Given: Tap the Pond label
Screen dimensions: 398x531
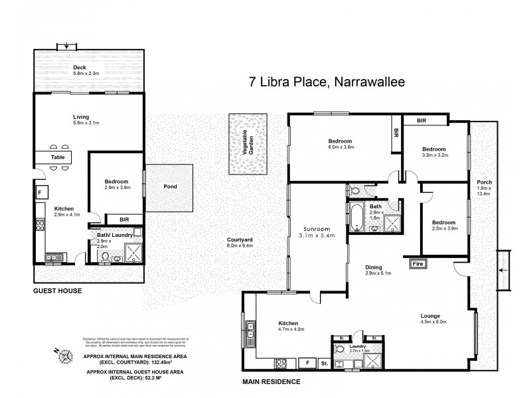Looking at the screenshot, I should point(170,186).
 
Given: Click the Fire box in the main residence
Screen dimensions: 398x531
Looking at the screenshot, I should point(418,264).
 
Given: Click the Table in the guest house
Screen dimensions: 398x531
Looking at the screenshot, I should point(60,158).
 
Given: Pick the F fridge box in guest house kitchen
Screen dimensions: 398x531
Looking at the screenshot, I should point(40,193).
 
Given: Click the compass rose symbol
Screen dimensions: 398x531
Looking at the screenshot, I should point(66,356).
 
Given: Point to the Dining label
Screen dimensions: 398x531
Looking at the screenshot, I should point(374,268).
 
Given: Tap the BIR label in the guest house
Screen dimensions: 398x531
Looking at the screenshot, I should point(125,218).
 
